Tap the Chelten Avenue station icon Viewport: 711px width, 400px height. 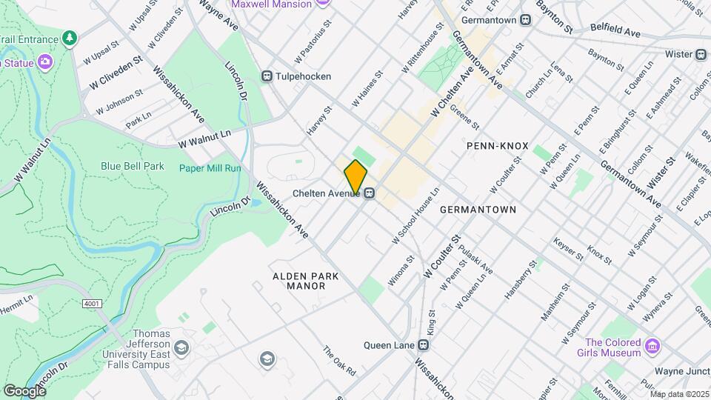tap(368, 193)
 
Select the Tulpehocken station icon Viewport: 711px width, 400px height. tap(267, 76)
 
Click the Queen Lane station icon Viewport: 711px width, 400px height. tap(423, 345)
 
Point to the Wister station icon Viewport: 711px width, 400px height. tap(701, 54)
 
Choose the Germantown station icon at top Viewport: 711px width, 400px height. tap(525, 20)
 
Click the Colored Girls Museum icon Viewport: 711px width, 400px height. tap(651, 347)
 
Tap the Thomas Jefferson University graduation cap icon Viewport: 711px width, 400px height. tap(181, 348)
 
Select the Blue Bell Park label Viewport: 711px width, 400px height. tap(133, 167)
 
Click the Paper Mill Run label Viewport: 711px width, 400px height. tap(210, 168)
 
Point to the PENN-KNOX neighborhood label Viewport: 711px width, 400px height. tap(498, 146)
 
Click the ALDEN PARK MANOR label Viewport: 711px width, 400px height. tap(306, 281)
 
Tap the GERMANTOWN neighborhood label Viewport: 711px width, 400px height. tap(478, 210)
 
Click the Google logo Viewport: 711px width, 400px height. tap(24, 390)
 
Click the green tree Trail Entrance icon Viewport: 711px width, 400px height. tap(70, 38)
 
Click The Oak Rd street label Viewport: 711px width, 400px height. tap(339, 361)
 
